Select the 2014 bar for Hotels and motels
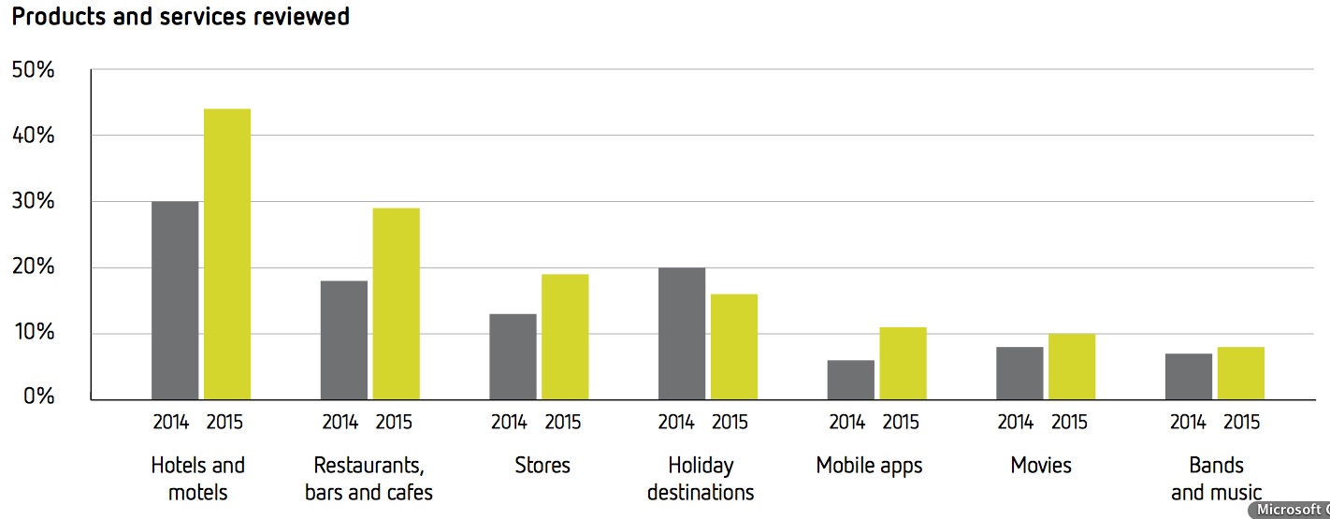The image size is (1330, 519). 175,300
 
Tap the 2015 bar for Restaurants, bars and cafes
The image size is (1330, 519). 396,304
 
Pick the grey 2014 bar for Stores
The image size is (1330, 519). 513,356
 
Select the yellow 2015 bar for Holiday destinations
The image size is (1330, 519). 734,347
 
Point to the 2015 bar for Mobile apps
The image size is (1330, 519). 903,363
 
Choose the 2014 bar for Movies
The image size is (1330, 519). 1019,373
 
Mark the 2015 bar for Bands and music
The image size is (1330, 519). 1240,373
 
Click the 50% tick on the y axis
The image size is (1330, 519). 33,70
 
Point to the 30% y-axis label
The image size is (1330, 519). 33,201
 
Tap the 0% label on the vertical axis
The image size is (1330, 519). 38,396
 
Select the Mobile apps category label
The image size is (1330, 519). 869,466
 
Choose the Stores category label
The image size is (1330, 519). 542,466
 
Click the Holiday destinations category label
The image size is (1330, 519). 701,478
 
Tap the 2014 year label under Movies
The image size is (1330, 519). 1015,423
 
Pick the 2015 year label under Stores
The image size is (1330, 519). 562,423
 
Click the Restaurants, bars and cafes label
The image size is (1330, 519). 369,478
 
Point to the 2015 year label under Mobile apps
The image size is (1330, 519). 901,423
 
